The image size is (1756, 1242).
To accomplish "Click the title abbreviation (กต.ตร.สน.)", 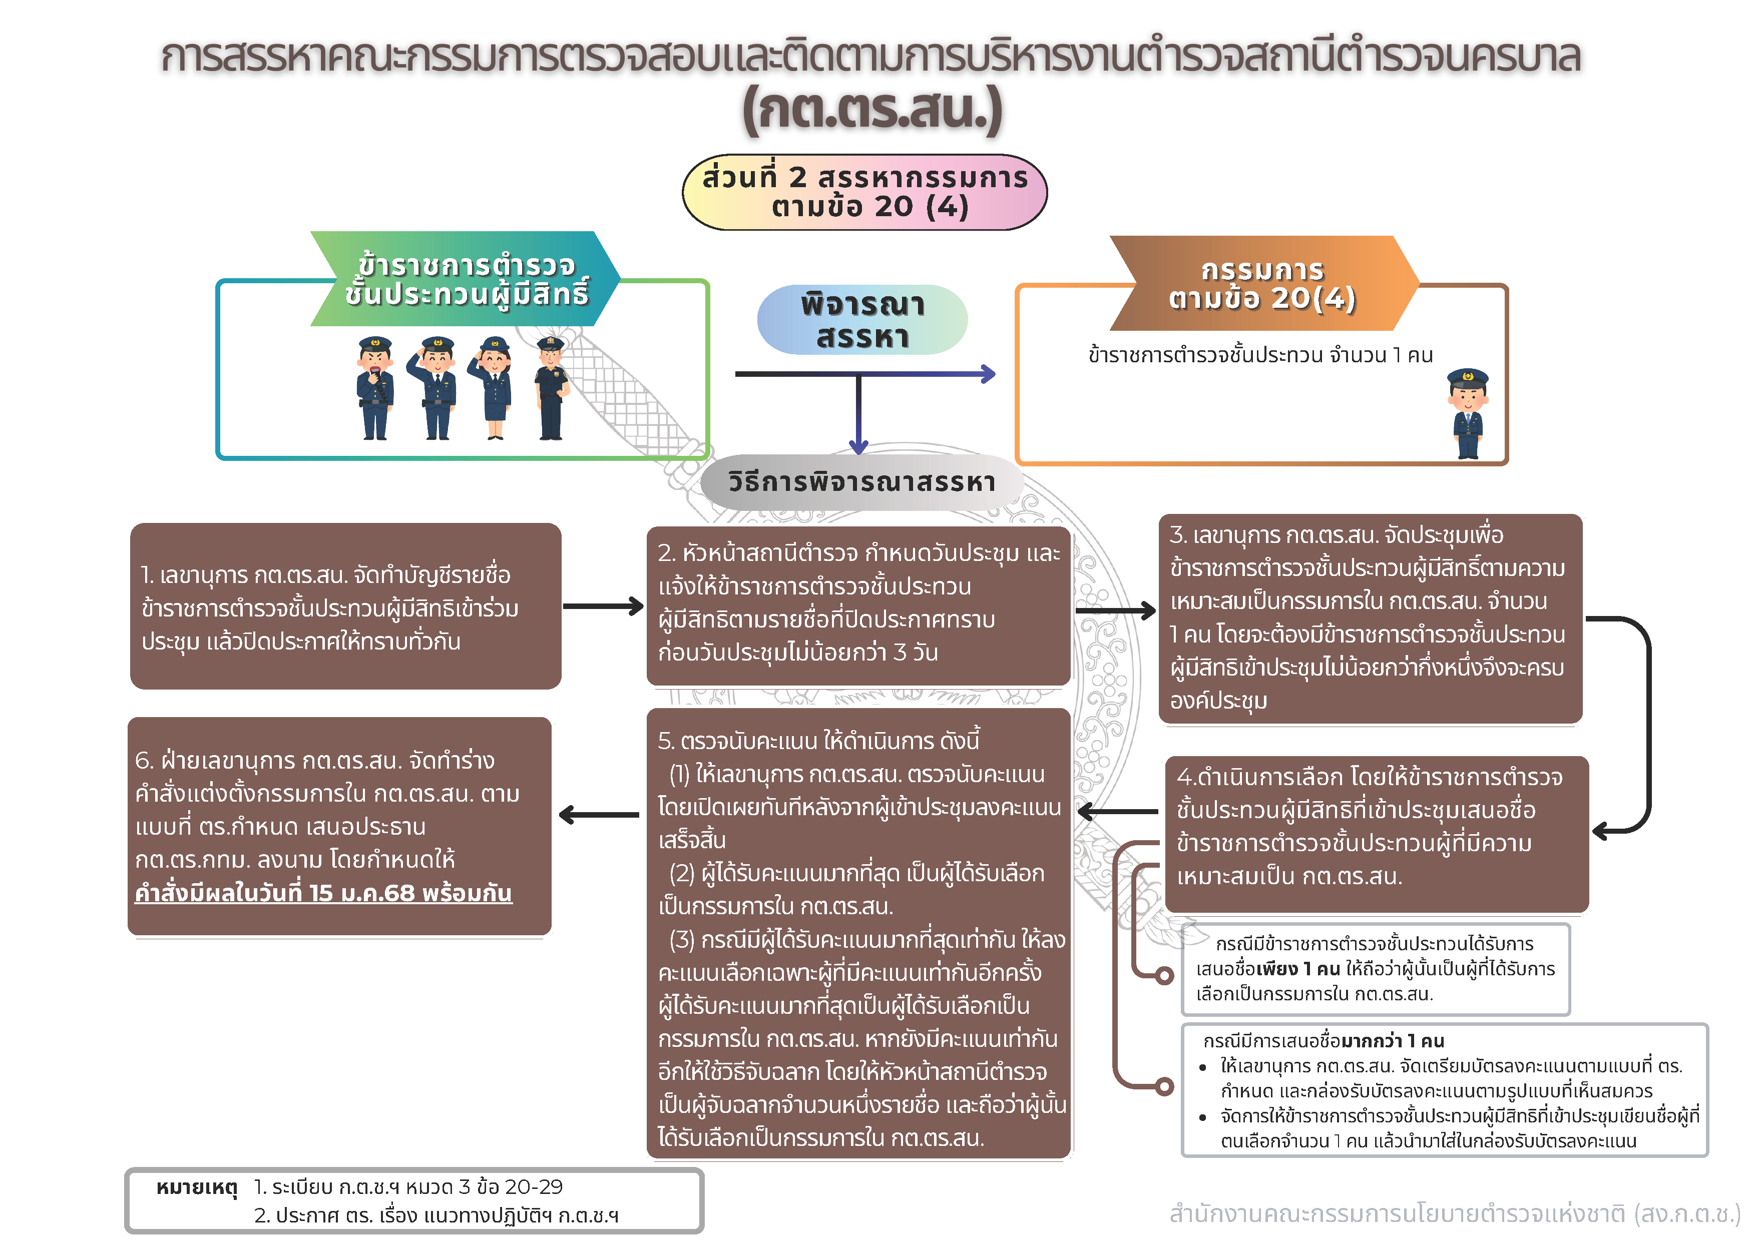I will tap(872, 111).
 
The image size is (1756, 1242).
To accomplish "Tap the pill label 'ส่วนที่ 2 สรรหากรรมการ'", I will tap(864, 178).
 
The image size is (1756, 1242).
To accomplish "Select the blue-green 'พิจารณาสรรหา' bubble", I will tap(862, 320).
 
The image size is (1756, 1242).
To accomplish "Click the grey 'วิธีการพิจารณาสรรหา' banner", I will tap(862, 482).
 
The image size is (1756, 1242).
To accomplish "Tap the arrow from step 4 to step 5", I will tap(1117, 812).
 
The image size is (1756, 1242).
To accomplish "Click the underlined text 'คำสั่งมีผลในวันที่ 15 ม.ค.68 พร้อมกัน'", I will tap(323, 893).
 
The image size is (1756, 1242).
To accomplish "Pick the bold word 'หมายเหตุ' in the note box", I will tap(197, 1187).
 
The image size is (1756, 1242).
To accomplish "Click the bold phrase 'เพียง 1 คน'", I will tap(1300, 969).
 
